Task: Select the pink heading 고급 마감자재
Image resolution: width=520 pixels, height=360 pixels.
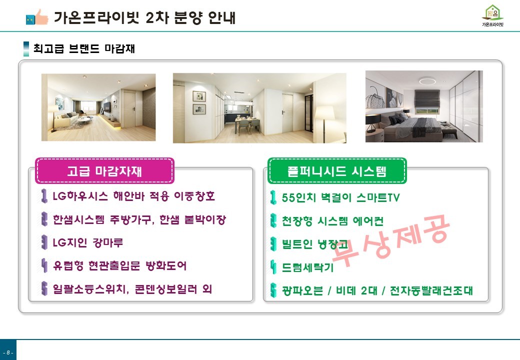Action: pyautogui.click(x=104, y=171)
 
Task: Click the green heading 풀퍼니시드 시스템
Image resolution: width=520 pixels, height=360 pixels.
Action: pyautogui.click(x=337, y=171)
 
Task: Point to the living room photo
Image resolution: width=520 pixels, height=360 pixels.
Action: pyautogui.click(x=98, y=107)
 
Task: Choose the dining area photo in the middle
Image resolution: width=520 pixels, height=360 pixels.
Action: pyautogui.click(x=259, y=108)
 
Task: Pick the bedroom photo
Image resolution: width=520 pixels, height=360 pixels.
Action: pyautogui.click(x=424, y=106)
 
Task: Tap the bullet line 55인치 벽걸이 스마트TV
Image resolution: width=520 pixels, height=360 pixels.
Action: pyautogui.click(x=341, y=197)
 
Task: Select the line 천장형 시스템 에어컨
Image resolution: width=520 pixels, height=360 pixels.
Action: pyautogui.click(x=332, y=221)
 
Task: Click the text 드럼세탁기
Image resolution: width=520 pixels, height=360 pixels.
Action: pyautogui.click(x=307, y=267)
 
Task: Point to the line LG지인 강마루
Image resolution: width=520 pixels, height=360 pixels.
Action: pyautogui.click(x=88, y=242)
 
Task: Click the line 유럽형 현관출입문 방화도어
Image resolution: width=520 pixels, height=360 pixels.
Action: pyautogui.click(x=119, y=265)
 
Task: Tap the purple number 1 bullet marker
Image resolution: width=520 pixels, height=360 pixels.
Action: pyautogui.click(x=43, y=196)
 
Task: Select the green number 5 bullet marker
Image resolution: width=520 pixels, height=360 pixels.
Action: pyautogui.click(x=273, y=290)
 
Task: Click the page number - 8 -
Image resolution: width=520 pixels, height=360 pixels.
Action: pyautogui.click(x=8, y=352)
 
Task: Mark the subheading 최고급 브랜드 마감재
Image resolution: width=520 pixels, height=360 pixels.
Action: pyautogui.click(x=84, y=48)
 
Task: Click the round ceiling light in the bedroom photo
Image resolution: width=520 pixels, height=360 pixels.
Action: pyautogui.click(x=427, y=81)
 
